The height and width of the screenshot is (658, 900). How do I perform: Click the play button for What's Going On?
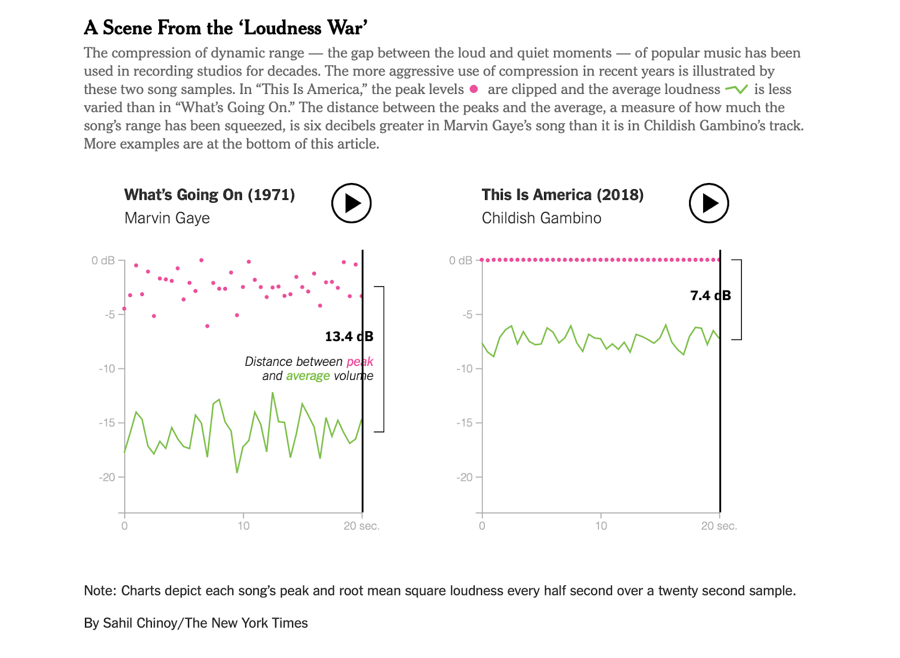[351, 203]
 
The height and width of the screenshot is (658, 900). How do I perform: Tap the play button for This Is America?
[709, 203]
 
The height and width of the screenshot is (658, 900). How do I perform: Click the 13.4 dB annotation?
[349, 337]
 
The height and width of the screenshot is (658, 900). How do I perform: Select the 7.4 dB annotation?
[710, 296]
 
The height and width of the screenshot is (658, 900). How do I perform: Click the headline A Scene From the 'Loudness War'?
[226, 28]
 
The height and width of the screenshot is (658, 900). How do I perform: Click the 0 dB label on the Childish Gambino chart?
[460, 261]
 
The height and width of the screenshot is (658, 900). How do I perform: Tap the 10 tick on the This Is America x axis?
[601, 526]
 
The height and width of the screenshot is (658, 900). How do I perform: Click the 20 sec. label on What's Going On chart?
[361, 526]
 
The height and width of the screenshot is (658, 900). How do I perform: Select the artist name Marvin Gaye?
[167, 218]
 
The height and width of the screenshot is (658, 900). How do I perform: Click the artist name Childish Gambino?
[541, 218]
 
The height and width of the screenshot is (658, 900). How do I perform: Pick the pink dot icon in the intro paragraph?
[474, 89]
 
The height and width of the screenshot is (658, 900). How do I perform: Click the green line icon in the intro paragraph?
[736, 89]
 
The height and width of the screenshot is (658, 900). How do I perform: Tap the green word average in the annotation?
[308, 376]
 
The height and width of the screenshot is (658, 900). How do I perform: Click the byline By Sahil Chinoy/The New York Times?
[196, 623]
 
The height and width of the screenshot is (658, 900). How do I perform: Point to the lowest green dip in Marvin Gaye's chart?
[237, 472]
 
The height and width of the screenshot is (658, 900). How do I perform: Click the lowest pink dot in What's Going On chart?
[207, 326]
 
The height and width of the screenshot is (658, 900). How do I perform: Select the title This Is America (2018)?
[562, 195]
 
